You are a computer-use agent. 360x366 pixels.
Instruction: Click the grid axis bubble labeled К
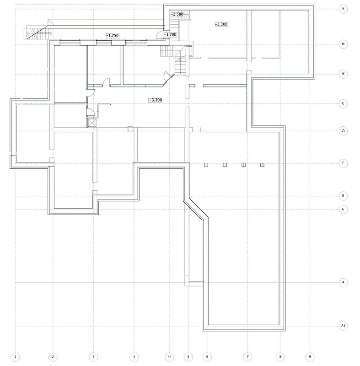tap(343, 9)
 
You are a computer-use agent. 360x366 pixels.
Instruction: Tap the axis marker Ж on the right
tap(343, 74)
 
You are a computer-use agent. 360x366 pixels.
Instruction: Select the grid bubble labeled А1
tap(343, 326)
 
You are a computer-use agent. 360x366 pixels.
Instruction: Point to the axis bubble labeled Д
tap(343, 131)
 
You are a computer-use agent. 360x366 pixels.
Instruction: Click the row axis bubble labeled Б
tap(343, 209)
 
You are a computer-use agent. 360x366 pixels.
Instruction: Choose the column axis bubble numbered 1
tap(16, 357)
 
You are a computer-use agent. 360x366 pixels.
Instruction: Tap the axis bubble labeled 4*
tap(169, 357)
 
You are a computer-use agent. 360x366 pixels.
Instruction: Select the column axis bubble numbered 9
tap(310, 357)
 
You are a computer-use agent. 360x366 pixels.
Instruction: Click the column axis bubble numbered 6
tap(207, 357)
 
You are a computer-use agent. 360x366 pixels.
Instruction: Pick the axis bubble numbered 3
tap(94, 357)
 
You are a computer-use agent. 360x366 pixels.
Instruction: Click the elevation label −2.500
tap(177, 14)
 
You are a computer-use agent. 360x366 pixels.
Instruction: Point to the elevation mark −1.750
tap(113, 36)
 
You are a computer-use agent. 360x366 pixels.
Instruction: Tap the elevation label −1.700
tap(170, 35)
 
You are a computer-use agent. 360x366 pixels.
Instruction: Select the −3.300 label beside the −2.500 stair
tap(221, 24)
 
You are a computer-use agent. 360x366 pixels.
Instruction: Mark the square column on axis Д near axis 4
tap(130, 129)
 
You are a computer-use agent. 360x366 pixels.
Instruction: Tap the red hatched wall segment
tap(86, 102)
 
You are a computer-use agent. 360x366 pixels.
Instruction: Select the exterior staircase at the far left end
tap(38, 33)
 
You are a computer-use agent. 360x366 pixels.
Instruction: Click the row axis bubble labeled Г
tap(343, 163)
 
